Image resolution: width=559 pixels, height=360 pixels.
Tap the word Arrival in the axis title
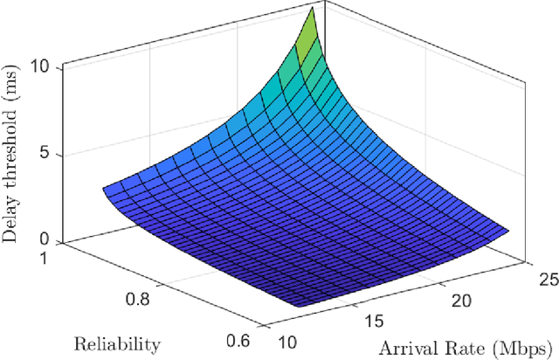(404, 347)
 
